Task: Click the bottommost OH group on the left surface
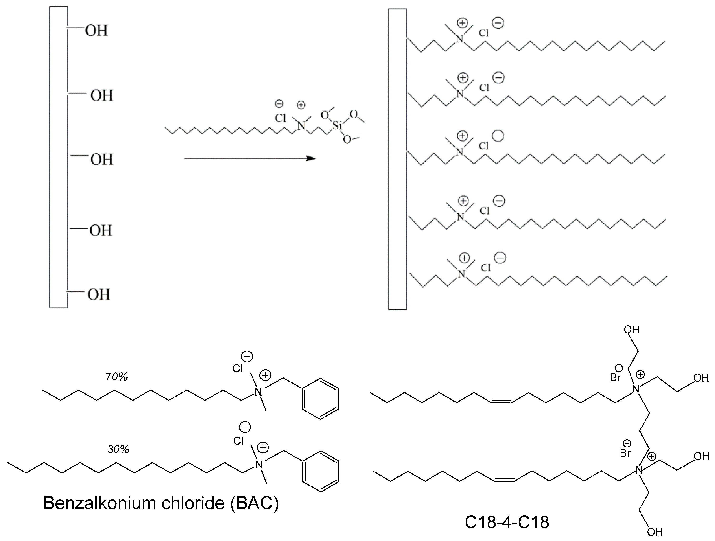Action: (x=99, y=295)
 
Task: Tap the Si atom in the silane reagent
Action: (x=337, y=125)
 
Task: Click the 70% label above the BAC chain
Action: (x=117, y=377)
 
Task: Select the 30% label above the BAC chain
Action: (x=118, y=449)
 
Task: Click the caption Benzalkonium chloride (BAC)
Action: (x=161, y=503)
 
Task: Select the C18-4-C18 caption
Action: (x=507, y=522)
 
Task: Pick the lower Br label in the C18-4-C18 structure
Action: (x=625, y=453)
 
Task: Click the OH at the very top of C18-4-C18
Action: (x=631, y=330)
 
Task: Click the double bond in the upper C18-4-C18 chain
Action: (x=501, y=401)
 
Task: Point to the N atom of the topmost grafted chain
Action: (x=459, y=39)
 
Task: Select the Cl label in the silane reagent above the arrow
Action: (x=280, y=118)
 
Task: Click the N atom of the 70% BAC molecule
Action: (x=258, y=392)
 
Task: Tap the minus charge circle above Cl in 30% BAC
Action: (x=245, y=427)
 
